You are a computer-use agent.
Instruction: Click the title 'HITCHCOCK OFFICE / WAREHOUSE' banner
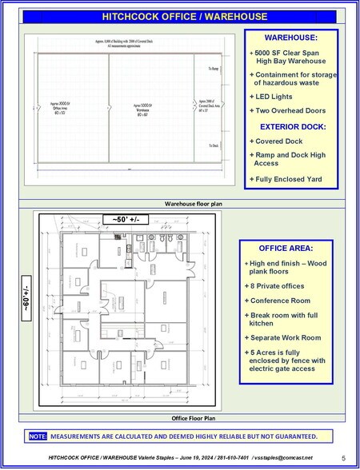pyautogui.click(x=180, y=16)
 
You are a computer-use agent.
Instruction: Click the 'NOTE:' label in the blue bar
pyautogui.click(x=38, y=436)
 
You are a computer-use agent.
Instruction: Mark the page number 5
pyautogui.click(x=343, y=458)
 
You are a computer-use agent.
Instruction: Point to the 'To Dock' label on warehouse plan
pyautogui.click(x=212, y=145)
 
